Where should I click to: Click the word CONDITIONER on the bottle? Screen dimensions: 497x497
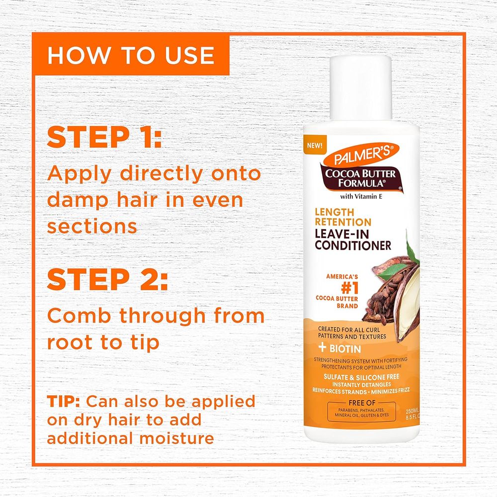[x=352, y=245]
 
